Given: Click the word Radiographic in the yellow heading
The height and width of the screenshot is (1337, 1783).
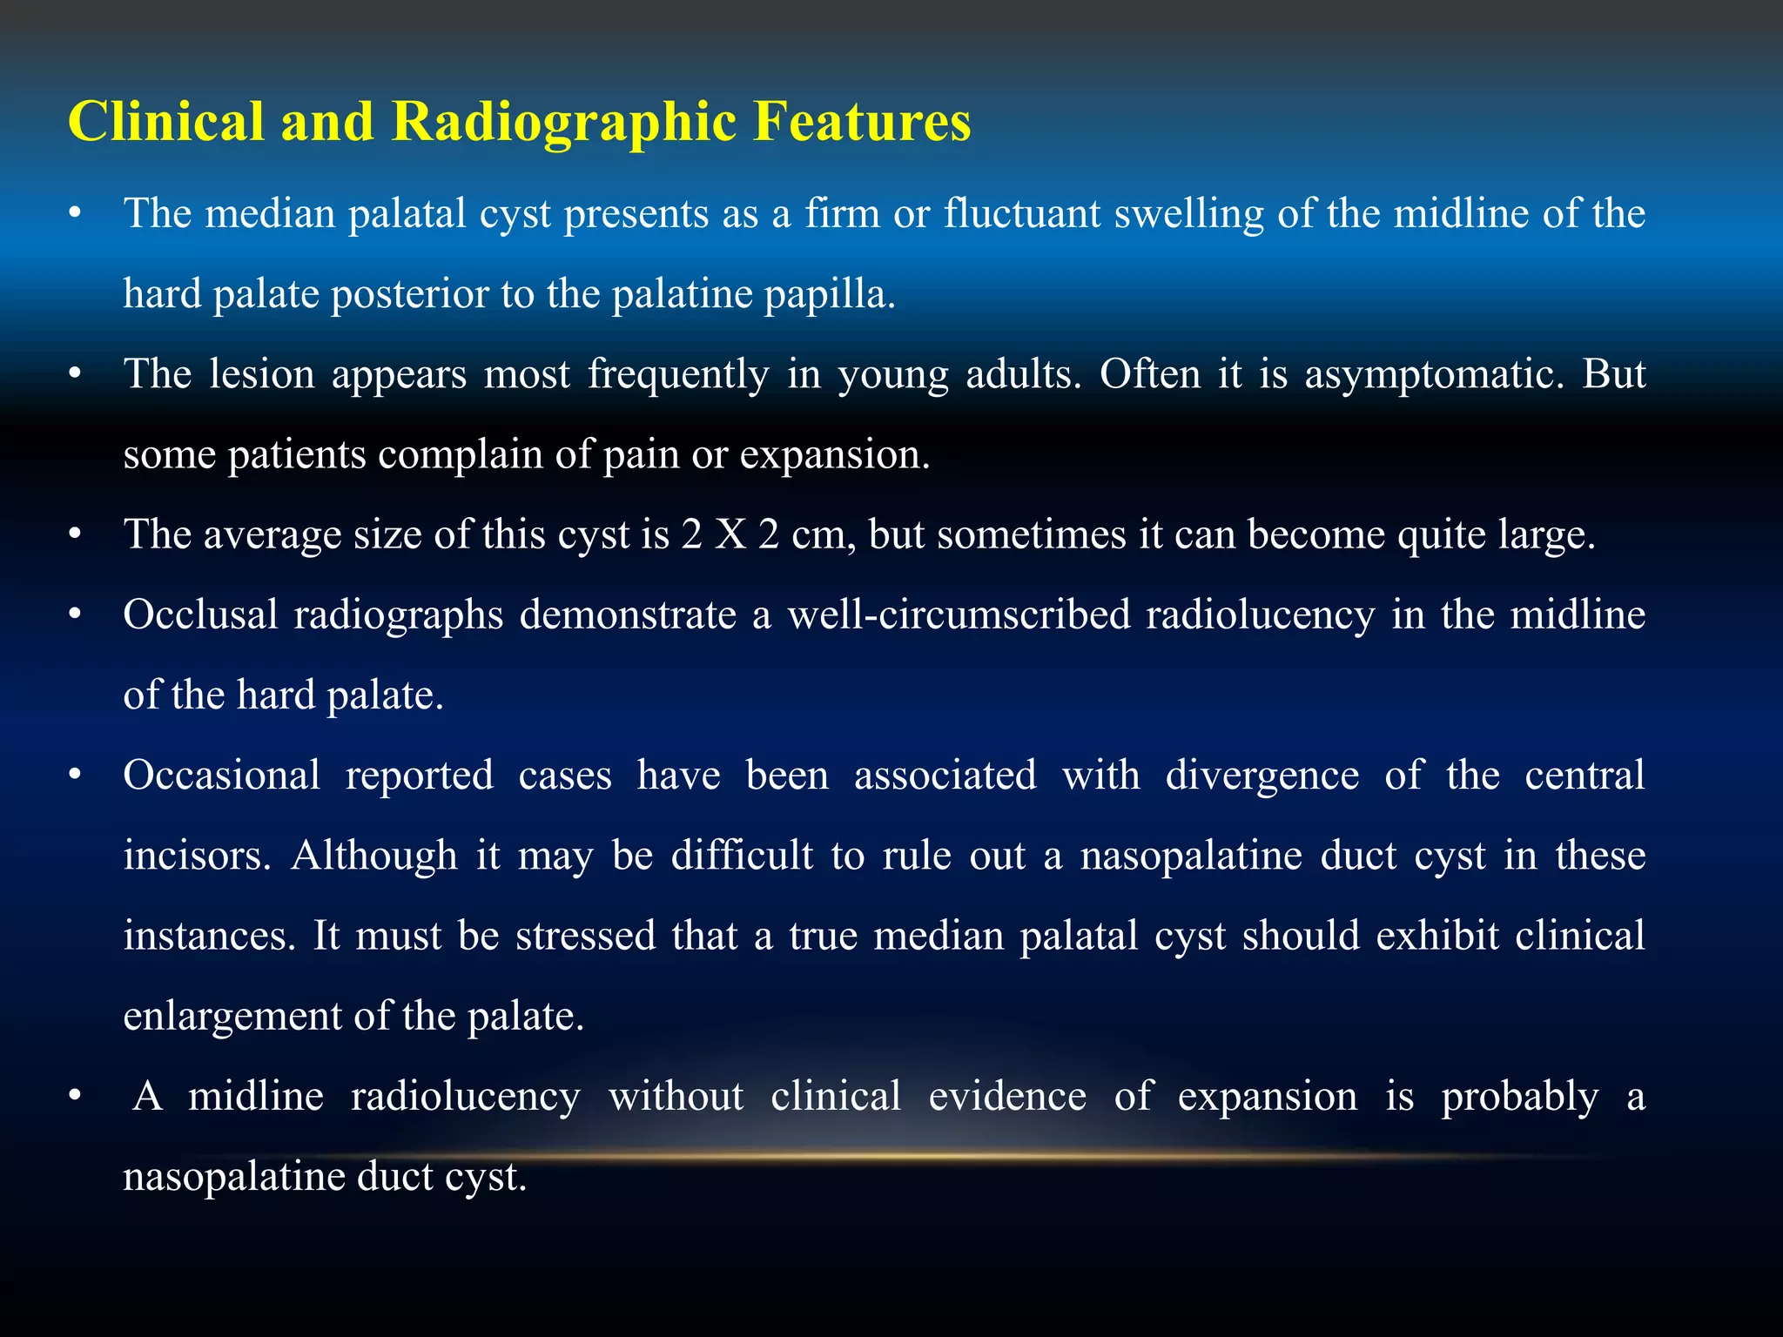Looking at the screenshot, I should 563,122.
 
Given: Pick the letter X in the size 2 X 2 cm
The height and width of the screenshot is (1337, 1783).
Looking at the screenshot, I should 730,534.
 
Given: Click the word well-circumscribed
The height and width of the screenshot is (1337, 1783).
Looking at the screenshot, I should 958,615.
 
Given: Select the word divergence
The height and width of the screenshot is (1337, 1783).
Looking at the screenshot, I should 1262,776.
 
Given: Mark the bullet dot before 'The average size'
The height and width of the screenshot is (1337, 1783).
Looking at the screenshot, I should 76,534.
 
